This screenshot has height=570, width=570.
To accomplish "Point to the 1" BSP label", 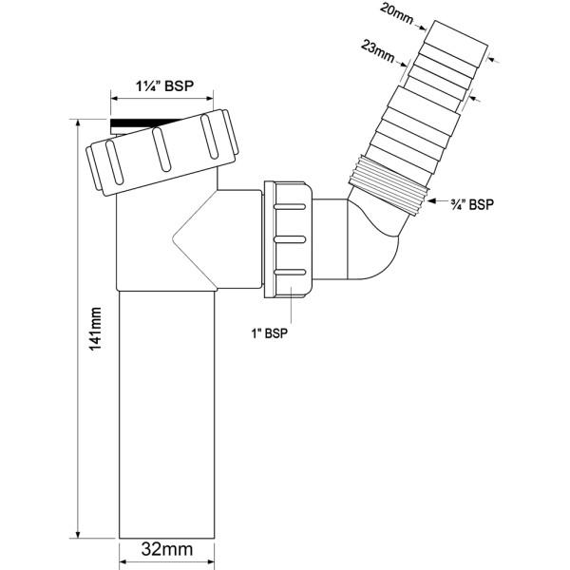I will click(270, 332).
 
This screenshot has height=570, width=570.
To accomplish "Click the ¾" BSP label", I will click(468, 203).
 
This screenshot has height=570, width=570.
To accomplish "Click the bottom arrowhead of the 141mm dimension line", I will click(75, 534).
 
